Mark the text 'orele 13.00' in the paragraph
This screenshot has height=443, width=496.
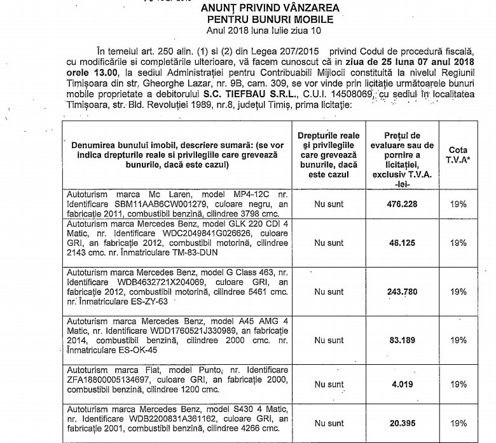point(92,83)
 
